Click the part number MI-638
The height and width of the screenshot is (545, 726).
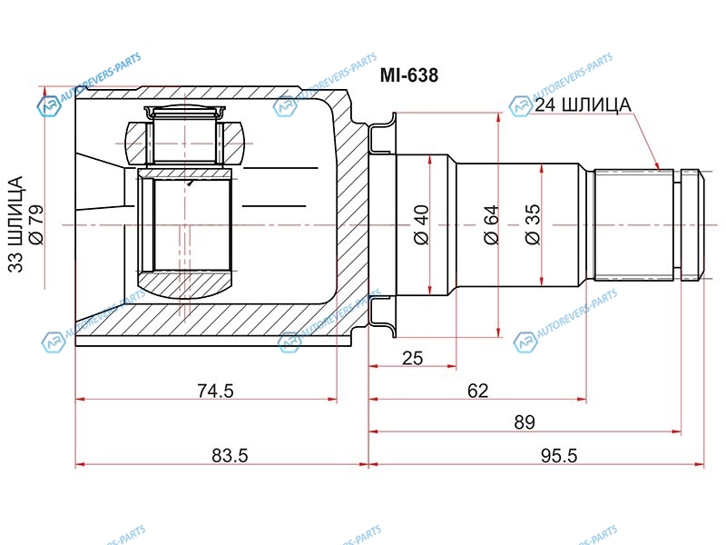pyautogui.click(x=409, y=75)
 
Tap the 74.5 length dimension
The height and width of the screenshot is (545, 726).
pyautogui.click(x=215, y=391)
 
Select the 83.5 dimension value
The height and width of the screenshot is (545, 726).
pyautogui.click(x=230, y=456)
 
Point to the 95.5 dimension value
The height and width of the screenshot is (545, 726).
pyautogui.click(x=559, y=456)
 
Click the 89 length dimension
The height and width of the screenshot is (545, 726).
pyautogui.click(x=525, y=422)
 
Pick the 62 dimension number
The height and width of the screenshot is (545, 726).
pyautogui.click(x=478, y=391)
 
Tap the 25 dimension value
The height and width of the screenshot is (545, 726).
pyautogui.click(x=413, y=358)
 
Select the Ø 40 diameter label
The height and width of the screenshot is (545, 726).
pyautogui.click(x=421, y=224)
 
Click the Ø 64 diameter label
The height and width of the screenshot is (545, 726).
pyautogui.click(x=491, y=224)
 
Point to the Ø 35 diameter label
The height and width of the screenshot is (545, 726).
pyautogui.click(x=533, y=224)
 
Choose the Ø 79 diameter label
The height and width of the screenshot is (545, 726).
pyautogui.click(x=36, y=224)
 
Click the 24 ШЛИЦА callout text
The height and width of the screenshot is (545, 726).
pyautogui.click(x=583, y=105)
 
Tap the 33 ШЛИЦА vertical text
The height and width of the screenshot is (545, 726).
pyautogui.click(x=15, y=223)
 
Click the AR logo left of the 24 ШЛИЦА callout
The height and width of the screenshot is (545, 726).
pyautogui.click(x=521, y=106)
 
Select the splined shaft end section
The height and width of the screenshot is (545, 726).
pyautogui.click(x=633, y=225)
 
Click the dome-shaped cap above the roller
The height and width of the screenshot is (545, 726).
pyautogui.click(x=184, y=111)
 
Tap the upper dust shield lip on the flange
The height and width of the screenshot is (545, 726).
pyautogui.click(x=382, y=133)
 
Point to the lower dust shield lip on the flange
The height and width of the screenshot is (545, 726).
pyautogui.click(x=382, y=317)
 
